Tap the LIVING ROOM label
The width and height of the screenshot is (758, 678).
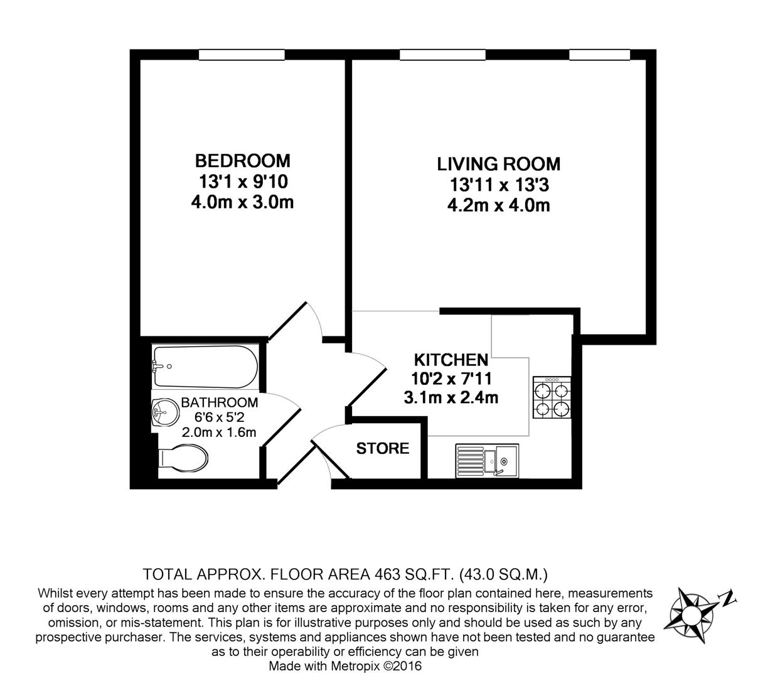pos(498,164)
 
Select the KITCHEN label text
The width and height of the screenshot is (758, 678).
pos(451,360)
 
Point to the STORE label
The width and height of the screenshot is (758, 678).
pos(383,448)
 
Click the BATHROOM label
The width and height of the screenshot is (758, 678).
pos(220,402)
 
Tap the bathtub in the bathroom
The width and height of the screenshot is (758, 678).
pos(205,367)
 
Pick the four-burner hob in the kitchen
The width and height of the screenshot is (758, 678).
pos(552,398)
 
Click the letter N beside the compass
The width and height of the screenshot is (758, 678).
pos(728,597)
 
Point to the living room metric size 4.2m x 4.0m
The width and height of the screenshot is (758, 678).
pos(499,205)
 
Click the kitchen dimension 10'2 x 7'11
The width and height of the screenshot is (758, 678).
pos(451,379)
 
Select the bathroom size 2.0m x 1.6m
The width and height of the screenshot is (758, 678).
pos(219,432)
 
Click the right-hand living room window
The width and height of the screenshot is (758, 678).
pos(599,55)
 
